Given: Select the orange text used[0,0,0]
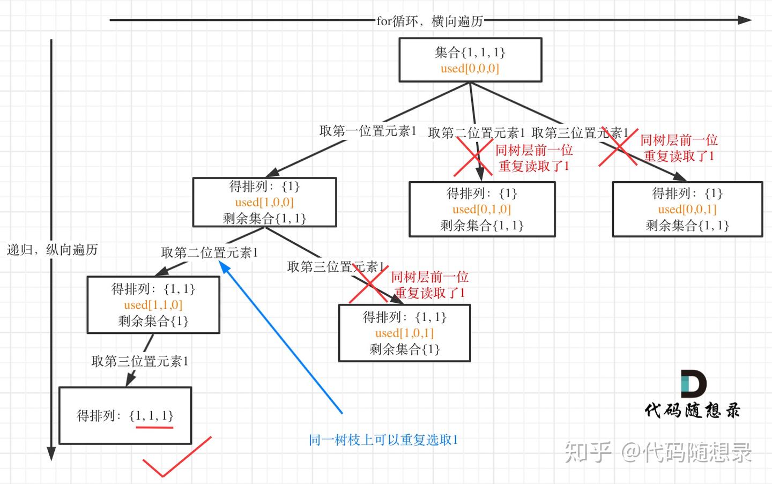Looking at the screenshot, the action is pyautogui.click(x=470, y=68).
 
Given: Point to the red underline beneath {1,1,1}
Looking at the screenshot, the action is pyautogui.click(x=154, y=428).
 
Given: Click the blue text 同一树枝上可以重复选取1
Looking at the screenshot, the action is pyautogui.click(x=383, y=440).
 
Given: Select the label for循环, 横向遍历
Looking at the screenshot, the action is pyautogui.click(x=429, y=21).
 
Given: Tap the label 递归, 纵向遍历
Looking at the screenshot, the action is pyautogui.click(x=53, y=250).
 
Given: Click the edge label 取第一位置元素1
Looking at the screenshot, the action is pyautogui.click(x=368, y=131).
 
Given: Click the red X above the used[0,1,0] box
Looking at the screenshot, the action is pyautogui.click(x=473, y=157).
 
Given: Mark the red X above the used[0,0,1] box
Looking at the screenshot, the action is pyautogui.click(x=618, y=147).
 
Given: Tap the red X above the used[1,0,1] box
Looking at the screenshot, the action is pyautogui.click(x=369, y=284).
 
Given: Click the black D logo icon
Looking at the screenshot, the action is pyautogui.click(x=693, y=384).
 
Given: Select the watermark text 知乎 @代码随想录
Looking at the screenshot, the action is pyautogui.click(x=658, y=452).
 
